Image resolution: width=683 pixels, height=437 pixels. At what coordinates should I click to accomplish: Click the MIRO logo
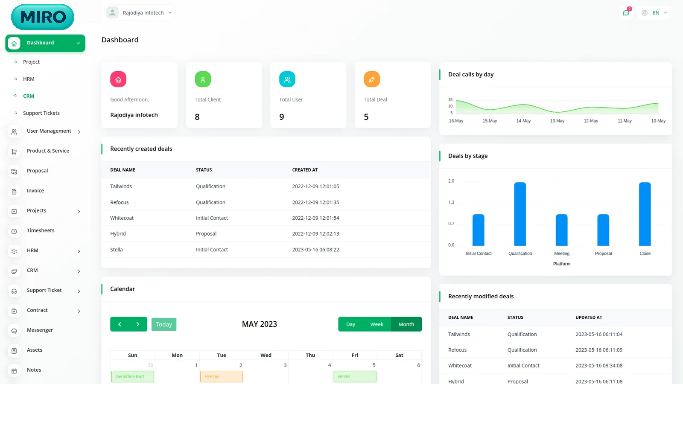pos(43,17)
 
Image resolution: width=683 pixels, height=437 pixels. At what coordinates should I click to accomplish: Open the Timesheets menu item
pos(41,230)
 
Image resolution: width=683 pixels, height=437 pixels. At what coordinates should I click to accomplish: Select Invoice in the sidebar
pos(35,191)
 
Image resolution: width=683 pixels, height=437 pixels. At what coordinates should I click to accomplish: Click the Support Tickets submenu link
pos(41,113)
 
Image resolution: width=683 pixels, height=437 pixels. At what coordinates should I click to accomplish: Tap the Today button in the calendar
pos(164,324)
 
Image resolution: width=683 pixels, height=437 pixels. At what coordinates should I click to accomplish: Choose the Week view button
pos(377,324)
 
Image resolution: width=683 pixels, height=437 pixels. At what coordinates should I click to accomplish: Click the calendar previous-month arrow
pos(120,324)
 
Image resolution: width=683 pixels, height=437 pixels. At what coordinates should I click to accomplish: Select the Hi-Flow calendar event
pos(222,376)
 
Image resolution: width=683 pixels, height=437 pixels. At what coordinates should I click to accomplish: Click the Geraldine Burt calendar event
pos(132,376)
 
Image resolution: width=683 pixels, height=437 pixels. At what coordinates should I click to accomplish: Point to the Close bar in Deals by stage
pos(645,214)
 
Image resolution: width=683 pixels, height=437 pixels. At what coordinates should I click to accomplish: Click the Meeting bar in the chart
pos(562,230)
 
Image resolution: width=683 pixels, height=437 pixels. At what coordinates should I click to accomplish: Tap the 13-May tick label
pos(557,121)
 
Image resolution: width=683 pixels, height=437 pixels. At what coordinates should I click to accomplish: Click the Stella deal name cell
pos(117,250)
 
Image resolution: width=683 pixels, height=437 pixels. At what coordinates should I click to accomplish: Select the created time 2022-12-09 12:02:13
pos(315,234)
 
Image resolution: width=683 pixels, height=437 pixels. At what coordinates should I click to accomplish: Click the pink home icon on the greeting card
pos(118,79)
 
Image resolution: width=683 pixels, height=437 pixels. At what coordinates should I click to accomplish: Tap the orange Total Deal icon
pos(372,79)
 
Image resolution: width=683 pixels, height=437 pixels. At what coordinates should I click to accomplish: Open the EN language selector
pos(655,13)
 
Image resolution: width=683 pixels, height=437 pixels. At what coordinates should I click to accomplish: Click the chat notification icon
pos(626,13)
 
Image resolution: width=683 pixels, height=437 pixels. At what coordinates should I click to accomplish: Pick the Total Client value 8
pos(197,117)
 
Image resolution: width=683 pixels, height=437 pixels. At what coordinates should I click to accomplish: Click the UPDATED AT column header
pos(589,318)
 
